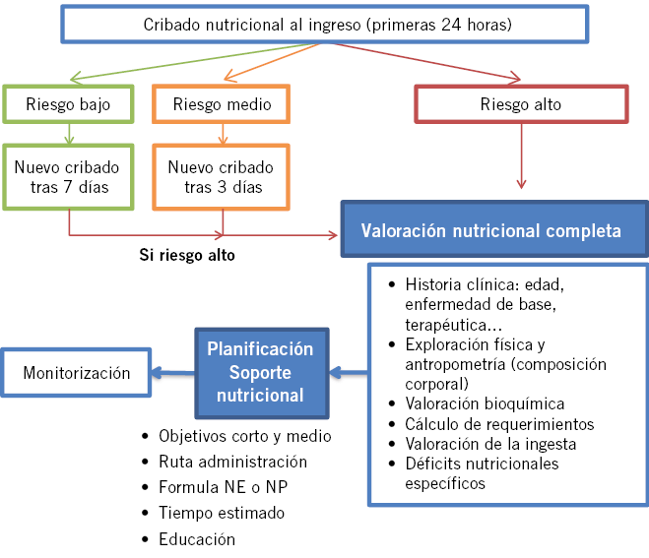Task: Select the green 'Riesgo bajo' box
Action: click(69, 104)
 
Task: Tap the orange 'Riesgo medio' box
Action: click(222, 104)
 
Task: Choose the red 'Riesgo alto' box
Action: click(521, 104)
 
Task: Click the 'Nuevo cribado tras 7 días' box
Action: click(69, 177)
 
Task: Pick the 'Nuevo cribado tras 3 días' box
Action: click(222, 177)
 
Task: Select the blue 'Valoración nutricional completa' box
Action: click(490, 231)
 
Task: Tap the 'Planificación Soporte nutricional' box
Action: click(260, 373)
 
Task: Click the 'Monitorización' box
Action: click(76, 374)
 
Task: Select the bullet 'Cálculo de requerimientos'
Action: click(499, 424)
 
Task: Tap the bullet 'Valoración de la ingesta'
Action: click(490, 444)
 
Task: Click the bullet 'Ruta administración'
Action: click(232, 462)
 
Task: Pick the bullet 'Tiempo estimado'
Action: click(222, 513)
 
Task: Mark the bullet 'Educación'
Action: click(197, 539)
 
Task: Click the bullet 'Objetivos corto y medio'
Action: click(244, 436)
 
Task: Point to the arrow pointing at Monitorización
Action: click(173, 374)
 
